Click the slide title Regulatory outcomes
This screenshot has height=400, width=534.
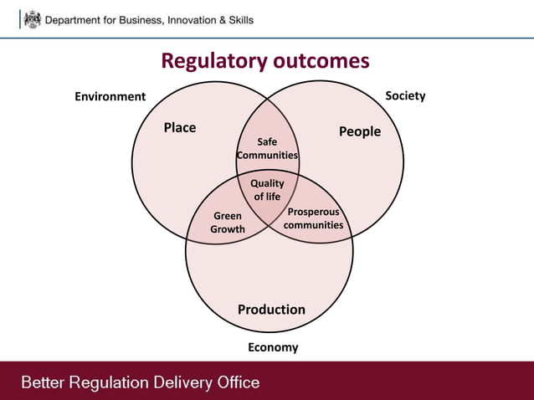coord(264,61)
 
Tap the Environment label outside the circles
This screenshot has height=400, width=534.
coord(110,96)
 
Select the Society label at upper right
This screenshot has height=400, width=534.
coord(405,95)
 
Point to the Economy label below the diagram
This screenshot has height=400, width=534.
coord(273,347)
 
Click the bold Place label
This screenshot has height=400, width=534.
coord(179,127)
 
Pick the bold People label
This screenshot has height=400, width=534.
coord(359,131)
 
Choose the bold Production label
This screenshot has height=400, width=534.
coord(271,310)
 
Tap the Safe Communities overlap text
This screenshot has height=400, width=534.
coord(267,149)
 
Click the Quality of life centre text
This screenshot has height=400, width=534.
coord(267,190)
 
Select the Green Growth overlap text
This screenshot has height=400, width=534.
coord(228,223)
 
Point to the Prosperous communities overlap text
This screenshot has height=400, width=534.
coord(313,218)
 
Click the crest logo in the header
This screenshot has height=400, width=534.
coord(31,18)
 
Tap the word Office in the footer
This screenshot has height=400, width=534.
coord(237,383)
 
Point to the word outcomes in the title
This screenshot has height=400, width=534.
coord(320,61)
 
